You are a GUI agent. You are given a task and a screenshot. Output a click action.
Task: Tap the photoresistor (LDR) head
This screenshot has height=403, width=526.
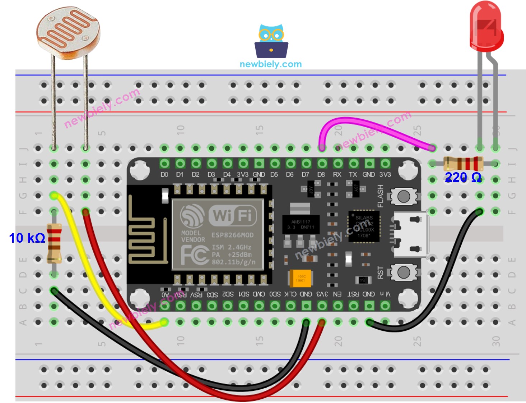[68, 32]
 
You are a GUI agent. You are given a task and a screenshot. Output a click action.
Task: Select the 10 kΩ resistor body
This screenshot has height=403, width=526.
[54, 242]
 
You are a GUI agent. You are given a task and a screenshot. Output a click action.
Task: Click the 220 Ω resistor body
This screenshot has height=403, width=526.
[463, 164]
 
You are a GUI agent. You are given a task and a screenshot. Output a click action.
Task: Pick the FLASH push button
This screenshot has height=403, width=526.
[404, 196]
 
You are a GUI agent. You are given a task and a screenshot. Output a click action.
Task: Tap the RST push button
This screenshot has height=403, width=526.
[404, 272]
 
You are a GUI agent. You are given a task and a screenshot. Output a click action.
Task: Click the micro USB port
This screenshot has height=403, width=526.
[411, 234]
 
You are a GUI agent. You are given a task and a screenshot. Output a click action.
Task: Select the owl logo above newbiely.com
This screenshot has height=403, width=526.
[271, 41]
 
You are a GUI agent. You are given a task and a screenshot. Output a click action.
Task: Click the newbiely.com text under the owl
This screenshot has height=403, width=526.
[271, 64]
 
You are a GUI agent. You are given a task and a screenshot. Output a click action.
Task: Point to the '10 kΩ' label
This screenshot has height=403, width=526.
[27, 238]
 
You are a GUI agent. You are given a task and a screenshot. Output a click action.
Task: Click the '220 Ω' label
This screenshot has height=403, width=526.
[463, 177]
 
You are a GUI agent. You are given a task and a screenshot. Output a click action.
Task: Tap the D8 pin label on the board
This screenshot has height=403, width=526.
[321, 175]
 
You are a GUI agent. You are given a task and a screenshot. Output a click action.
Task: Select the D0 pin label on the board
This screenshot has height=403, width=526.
[164, 175]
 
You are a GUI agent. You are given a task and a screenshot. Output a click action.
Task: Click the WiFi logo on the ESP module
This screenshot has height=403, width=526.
[219, 215]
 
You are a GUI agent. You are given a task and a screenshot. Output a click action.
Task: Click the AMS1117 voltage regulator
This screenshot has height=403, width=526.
[300, 224]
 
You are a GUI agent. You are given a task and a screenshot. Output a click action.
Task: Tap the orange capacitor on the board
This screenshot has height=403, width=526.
[300, 278]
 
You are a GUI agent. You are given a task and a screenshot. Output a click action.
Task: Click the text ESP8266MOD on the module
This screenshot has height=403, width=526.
[232, 235]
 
